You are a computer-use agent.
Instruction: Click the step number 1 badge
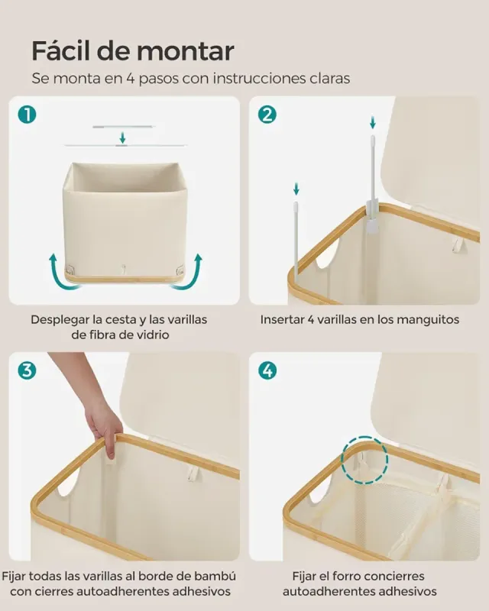28,115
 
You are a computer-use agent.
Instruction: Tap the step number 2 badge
267,115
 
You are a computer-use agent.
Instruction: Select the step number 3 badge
28,371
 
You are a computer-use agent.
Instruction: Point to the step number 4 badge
267,371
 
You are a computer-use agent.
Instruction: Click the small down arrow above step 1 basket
122,137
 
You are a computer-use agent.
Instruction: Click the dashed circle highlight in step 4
364,461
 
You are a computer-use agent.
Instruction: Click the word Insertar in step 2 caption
283,319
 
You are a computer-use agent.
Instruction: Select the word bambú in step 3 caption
216,576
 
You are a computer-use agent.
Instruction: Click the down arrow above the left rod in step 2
296,188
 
